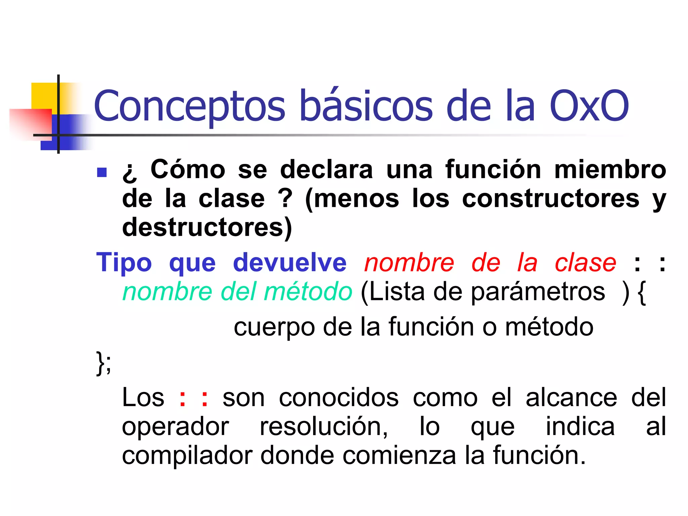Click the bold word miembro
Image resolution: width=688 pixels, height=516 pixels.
(x=610, y=170)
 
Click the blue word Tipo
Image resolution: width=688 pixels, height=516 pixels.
(x=124, y=263)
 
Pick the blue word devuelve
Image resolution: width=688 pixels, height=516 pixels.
(x=290, y=263)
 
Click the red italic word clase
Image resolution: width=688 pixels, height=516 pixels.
(x=585, y=263)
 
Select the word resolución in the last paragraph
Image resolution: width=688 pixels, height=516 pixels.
(x=324, y=427)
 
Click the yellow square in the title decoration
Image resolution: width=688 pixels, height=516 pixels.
(x=44, y=96)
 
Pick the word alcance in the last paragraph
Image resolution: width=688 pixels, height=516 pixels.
(x=571, y=398)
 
